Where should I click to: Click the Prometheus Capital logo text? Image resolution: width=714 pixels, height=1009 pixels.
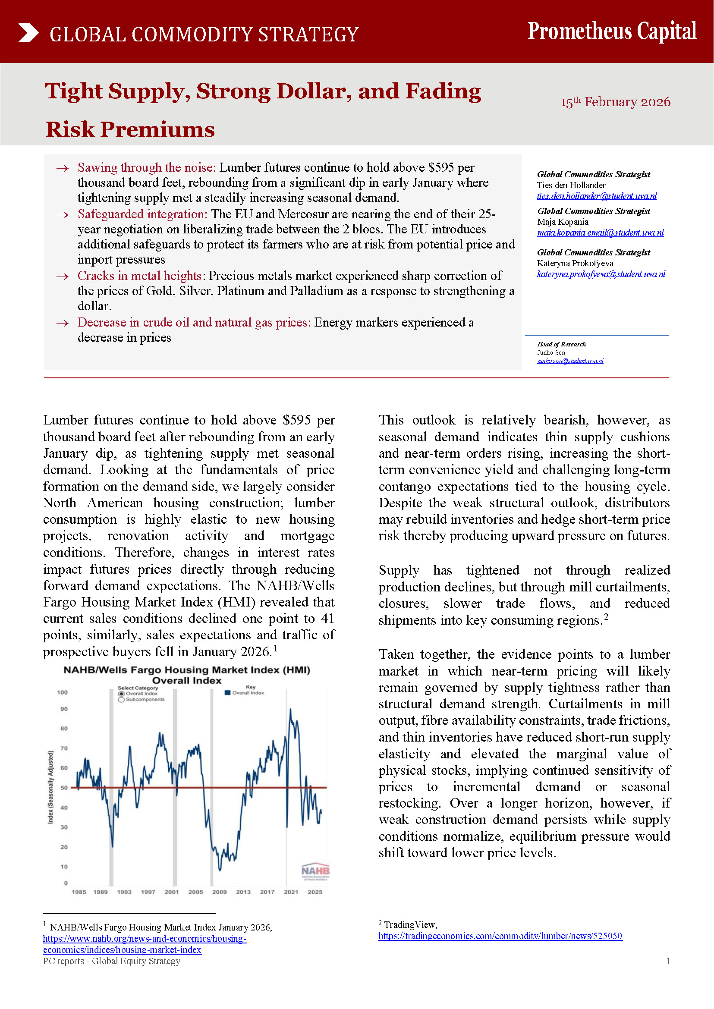612,31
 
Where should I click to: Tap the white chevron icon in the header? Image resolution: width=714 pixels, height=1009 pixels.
28,33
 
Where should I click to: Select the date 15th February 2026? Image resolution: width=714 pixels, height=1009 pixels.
615,102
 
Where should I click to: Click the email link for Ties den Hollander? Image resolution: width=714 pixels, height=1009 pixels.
597,196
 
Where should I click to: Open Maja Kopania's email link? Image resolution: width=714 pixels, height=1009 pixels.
600,233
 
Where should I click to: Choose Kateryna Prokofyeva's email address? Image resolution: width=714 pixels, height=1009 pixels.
601,274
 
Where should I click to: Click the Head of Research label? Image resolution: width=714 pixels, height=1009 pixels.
561,344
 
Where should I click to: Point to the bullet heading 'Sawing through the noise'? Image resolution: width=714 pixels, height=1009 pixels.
146,167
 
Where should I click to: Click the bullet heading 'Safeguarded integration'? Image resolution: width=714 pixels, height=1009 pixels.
142,214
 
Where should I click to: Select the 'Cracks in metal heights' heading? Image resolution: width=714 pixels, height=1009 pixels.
139,276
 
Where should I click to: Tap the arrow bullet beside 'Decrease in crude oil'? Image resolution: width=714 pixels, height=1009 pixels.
63,323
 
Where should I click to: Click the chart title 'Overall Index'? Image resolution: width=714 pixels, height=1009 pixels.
187,681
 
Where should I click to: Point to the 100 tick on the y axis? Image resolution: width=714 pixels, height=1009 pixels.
63,692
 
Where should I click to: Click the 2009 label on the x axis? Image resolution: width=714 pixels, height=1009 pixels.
220,892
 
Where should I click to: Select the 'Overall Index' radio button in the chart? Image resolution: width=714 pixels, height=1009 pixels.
121,694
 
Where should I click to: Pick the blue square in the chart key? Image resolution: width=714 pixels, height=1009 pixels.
228,693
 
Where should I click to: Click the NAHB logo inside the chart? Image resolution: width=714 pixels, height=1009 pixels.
315,871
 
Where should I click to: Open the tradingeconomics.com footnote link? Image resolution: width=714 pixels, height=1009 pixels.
500,936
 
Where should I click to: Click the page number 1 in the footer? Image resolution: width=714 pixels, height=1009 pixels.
668,961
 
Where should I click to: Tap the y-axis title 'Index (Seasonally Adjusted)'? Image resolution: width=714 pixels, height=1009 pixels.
50,787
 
